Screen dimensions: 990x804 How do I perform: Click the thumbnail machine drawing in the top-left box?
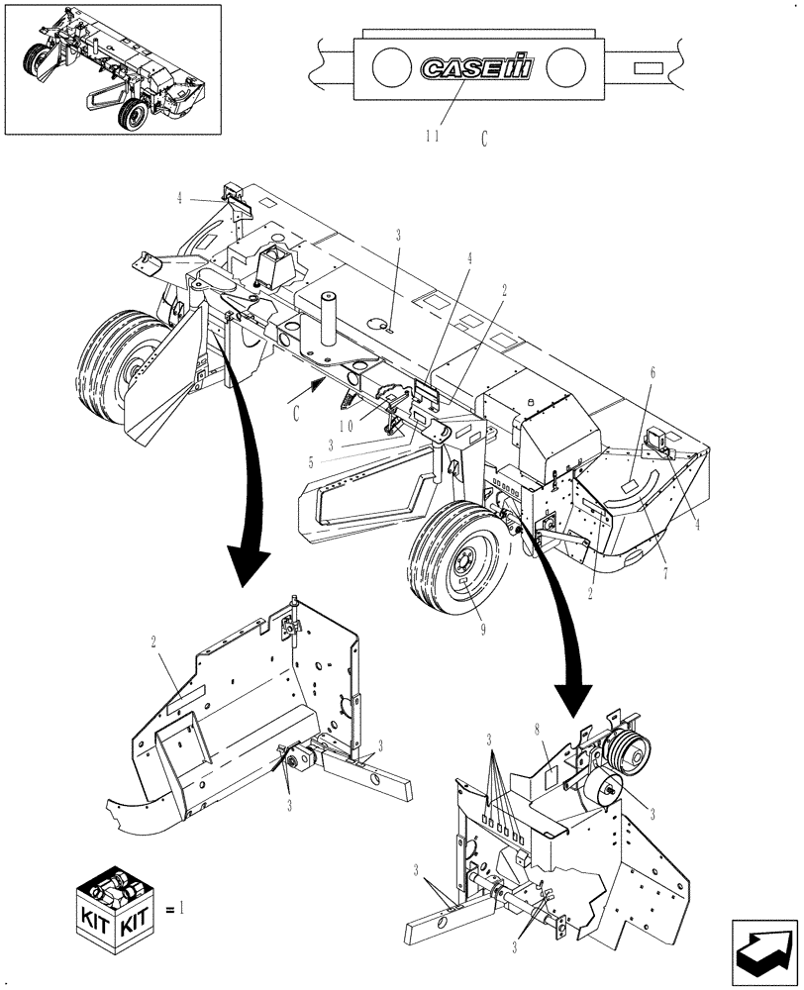pyautogui.click(x=113, y=68)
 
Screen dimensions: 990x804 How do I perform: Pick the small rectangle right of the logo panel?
pyautogui.click(x=649, y=68)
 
